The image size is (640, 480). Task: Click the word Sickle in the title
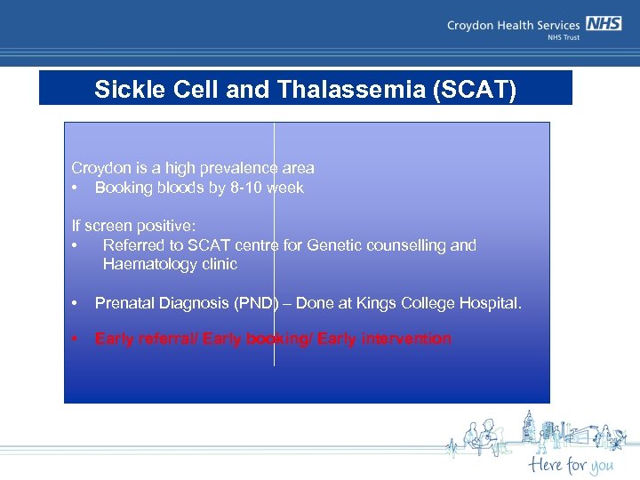pyautogui.click(x=124, y=90)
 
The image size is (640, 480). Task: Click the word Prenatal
pyautogui.click(x=124, y=304)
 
